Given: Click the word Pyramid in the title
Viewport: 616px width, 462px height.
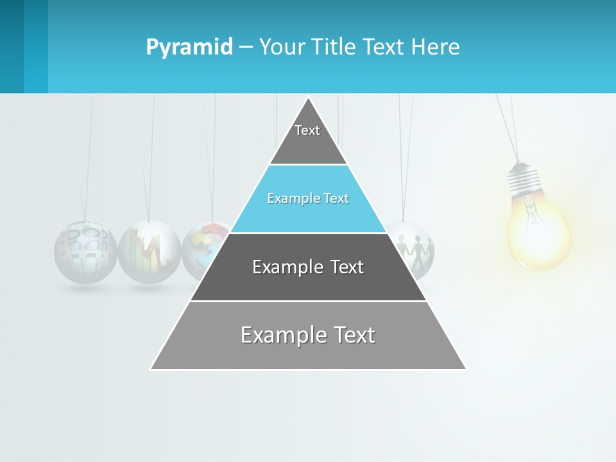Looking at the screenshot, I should [189, 47].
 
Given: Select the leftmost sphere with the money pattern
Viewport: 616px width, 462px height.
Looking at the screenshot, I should [85, 252].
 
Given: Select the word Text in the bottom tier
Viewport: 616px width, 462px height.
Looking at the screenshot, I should [352, 336].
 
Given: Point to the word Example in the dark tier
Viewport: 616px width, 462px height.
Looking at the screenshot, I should [281, 267].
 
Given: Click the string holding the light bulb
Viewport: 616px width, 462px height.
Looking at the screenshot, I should [507, 128].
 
